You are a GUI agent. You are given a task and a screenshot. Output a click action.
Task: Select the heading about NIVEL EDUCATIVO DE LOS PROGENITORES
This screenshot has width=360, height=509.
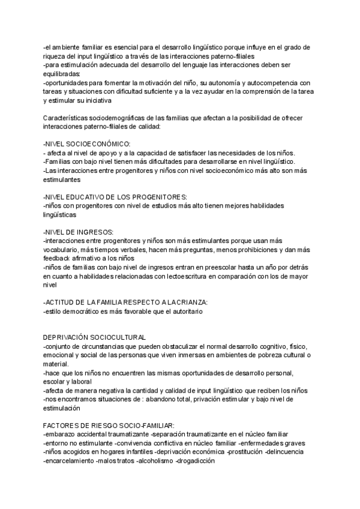click(115, 197)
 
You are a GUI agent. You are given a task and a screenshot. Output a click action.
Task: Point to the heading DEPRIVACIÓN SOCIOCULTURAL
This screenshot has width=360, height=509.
click(95, 338)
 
